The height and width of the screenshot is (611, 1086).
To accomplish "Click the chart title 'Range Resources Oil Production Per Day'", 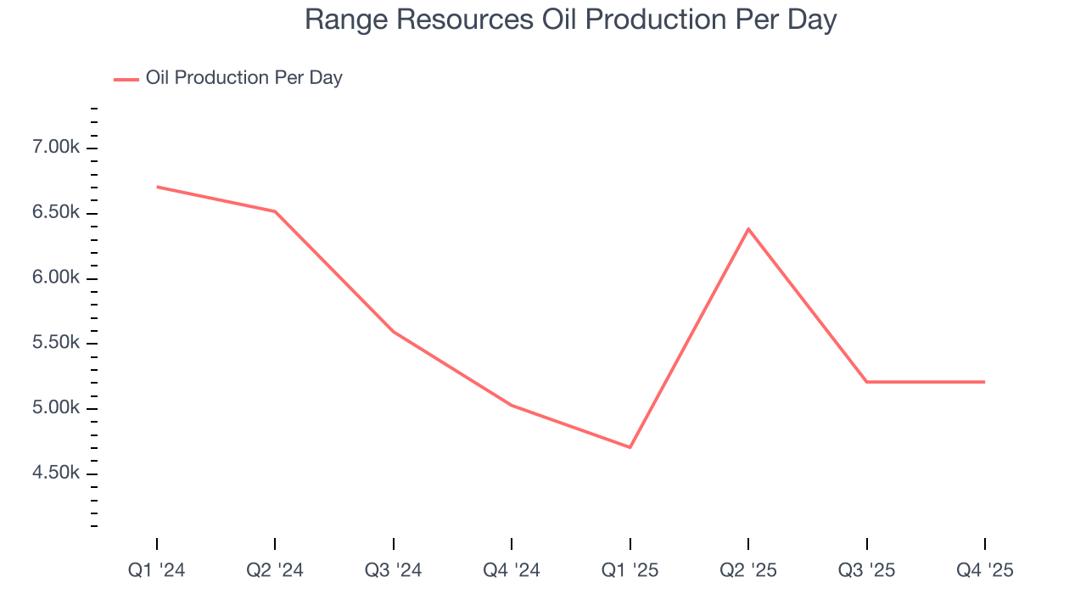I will coord(570,20).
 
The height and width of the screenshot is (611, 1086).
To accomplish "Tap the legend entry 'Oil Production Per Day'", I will coord(244,78).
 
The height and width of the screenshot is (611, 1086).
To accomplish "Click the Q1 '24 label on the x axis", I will coord(157,571).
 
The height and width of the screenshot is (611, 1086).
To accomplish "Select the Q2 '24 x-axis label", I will coord(275,571).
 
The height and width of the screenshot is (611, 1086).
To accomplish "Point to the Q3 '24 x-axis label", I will coord(394,571).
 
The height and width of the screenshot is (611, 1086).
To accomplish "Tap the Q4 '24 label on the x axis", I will coord(512,571).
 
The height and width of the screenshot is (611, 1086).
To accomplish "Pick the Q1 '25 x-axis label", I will coord(630,571).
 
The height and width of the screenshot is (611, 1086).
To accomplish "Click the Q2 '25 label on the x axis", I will coord(748,571).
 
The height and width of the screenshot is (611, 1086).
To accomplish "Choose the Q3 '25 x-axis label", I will coord(866,571).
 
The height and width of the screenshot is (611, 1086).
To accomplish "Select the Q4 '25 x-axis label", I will coord(984,571).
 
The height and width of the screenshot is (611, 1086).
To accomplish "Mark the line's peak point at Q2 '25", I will coord(748,228).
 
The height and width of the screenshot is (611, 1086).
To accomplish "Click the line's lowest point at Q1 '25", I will coord(630,447).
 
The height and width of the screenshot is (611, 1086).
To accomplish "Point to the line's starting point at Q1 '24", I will coord(157,187).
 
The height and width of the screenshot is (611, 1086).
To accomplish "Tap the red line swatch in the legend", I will coord(126,80).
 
